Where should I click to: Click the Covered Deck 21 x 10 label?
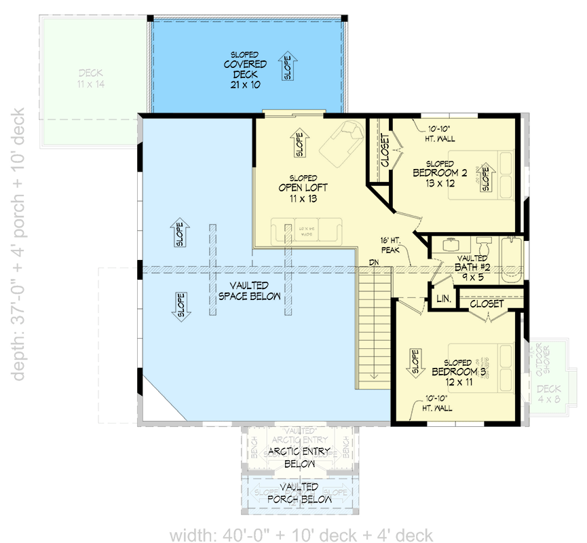pos(246,69)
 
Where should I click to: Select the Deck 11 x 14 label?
pos(91,78)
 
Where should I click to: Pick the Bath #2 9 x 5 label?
pos(472,268)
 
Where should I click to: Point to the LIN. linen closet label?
pos(444,298)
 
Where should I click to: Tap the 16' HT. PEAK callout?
pos(392,244)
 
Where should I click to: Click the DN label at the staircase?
pos(374,262)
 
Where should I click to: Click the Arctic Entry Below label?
pos(299,457)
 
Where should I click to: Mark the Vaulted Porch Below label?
pos(301,493)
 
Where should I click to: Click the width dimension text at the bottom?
pos(301,534)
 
